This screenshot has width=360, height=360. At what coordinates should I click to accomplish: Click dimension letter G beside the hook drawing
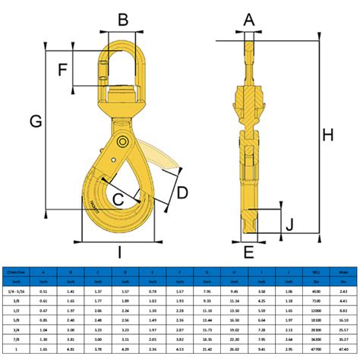click(33, 119)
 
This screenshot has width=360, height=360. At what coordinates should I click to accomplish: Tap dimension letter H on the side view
click(328, 134)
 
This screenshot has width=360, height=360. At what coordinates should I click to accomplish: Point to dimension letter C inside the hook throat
click(118, 199)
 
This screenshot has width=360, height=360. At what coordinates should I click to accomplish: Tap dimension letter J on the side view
click(288, 224)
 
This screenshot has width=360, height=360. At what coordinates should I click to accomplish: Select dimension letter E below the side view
click(248, 253)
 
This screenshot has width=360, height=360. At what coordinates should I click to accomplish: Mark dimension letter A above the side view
click(248, 21)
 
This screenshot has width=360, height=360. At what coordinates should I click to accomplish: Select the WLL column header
click(316, 271)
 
